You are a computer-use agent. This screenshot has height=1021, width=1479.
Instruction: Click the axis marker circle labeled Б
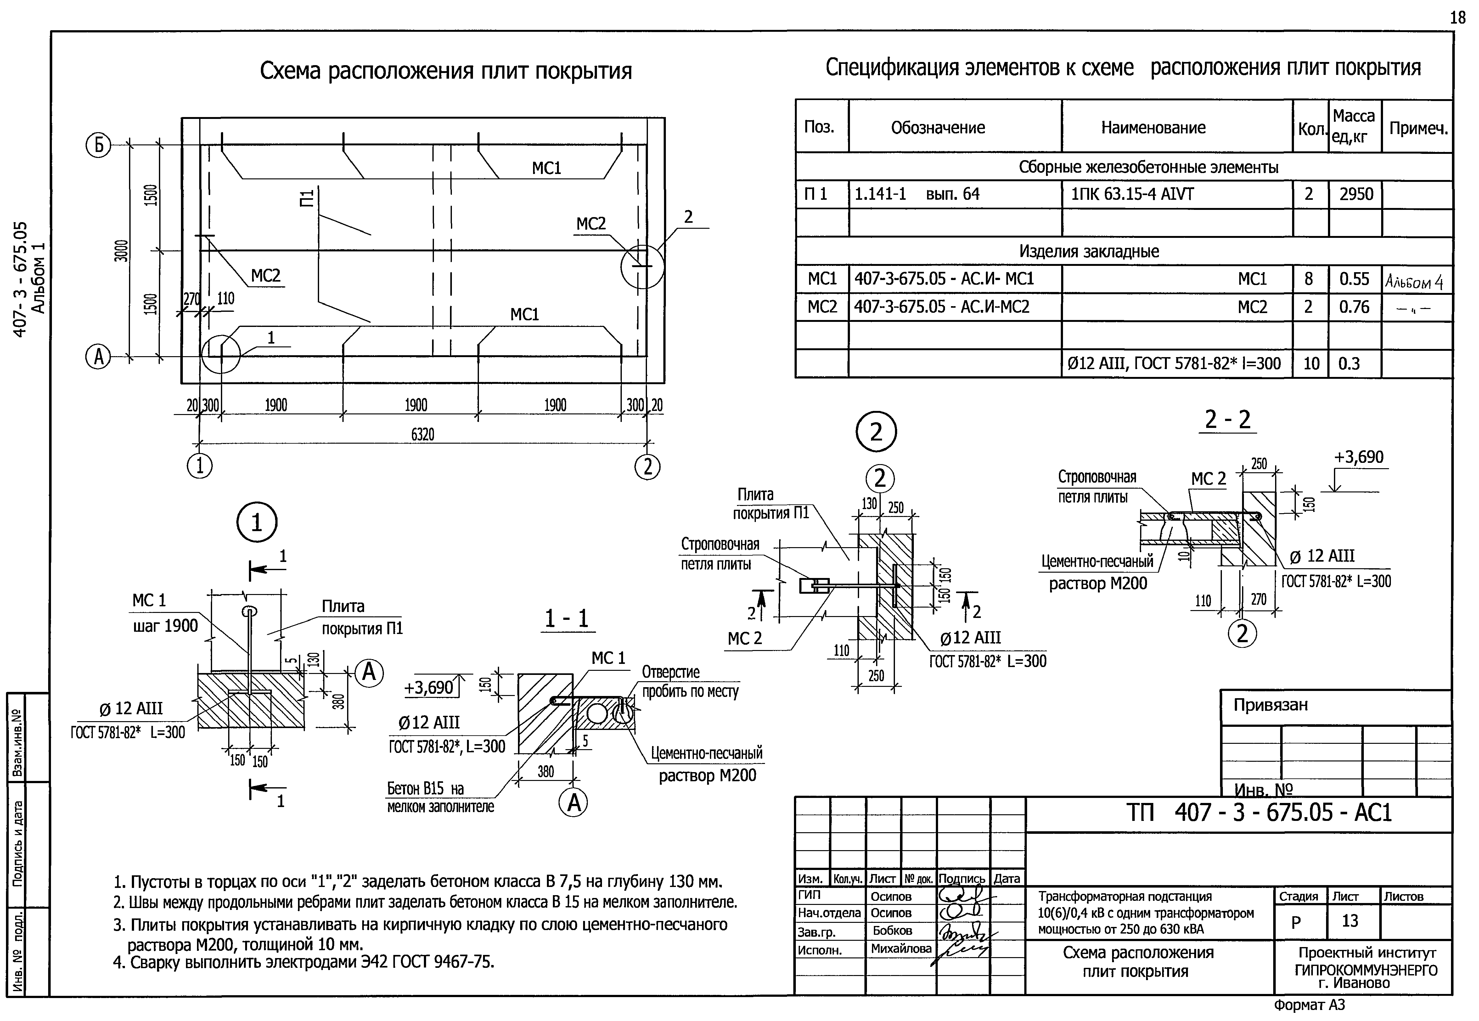(98, 147)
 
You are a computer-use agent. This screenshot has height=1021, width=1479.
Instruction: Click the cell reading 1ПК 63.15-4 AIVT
(1132, 194)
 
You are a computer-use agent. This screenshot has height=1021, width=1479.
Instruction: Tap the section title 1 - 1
(566, 619)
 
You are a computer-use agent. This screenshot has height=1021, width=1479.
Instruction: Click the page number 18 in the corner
(1457, 18)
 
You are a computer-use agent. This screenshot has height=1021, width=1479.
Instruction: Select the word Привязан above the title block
(1270, 705)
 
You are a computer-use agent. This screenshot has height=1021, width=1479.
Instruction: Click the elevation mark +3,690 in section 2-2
(1359, 457)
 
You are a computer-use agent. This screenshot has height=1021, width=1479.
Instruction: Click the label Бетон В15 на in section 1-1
(425, 789)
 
